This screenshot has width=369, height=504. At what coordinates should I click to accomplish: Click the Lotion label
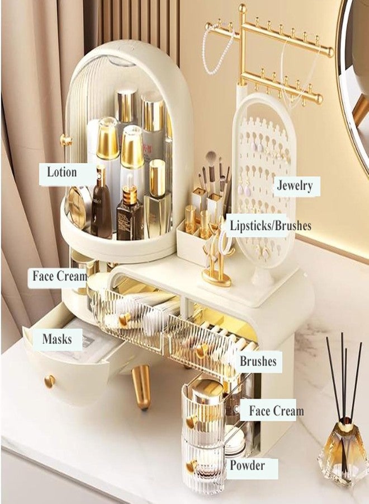pyautogui.click(x=62, y=172)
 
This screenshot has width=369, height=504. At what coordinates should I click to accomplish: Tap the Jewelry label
pyautogui.click(x=295, y=186)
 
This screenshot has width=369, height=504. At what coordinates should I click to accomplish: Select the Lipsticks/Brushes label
pyautogui.click(x=271, y=225)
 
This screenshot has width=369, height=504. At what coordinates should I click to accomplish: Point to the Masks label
pyautogui.click(x=57, y=339)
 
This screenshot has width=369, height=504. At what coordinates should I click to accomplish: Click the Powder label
pyautogui.click(x=247, y=465)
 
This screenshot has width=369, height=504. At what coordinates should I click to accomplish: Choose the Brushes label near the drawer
pyautogui.click(x=258, y=361)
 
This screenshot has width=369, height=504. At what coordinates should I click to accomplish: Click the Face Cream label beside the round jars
pyautogui.click(x=276, y=410)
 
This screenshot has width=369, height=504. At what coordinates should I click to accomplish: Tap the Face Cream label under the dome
pyautogui.click(x=60, y=276)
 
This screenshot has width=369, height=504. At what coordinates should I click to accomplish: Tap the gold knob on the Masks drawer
pyautogui.click(x=50, y=381)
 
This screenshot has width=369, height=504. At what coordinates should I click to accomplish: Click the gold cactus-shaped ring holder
pyautogui.click(x=218, y=260)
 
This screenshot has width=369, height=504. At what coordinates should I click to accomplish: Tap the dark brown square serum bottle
pyautogui.click(x=129, y=212)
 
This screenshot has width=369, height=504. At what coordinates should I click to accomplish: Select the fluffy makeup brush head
pyautogui.click(x=211, y=158)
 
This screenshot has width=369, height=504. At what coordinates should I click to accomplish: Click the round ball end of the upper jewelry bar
pyautogui.click(x=330, y=52)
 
